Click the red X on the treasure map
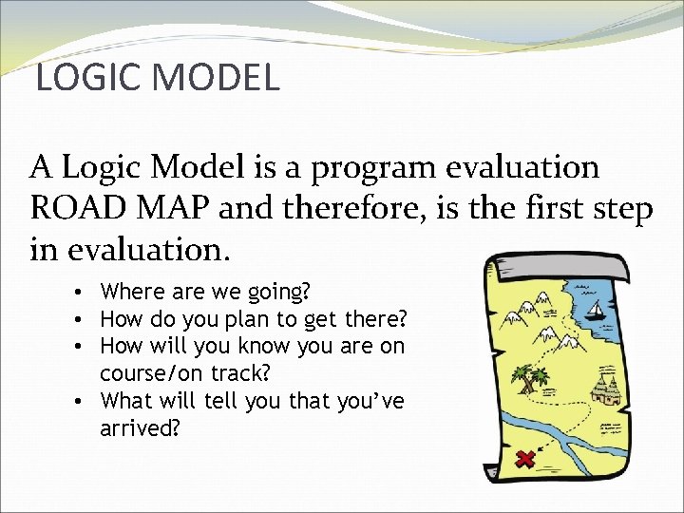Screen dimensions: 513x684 523,460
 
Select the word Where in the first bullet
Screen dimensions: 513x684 132,291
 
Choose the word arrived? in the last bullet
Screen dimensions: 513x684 138,428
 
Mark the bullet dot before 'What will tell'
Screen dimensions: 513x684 85,402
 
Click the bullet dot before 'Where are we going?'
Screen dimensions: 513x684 85,292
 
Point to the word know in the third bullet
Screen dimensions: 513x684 274,346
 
